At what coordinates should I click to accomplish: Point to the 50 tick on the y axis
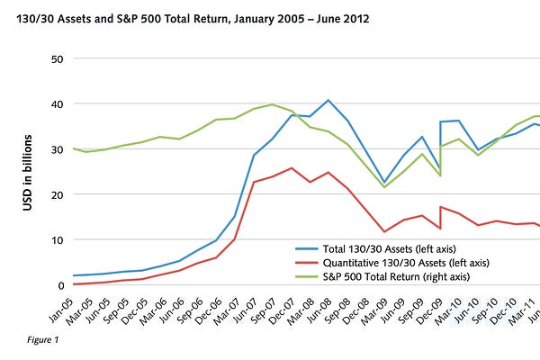tap(57, 58)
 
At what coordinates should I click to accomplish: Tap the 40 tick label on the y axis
tap(57, 103)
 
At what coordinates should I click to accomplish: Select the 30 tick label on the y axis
tap(57, 149)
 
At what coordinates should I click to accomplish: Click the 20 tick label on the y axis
tap(57, 194)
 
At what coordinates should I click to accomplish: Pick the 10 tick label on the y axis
tap(57, 239)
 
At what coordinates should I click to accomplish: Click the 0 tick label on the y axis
tap(59, 285)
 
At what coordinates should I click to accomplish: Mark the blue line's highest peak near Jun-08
tap(328, 100)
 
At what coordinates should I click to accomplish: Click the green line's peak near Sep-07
tap(272, 104)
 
